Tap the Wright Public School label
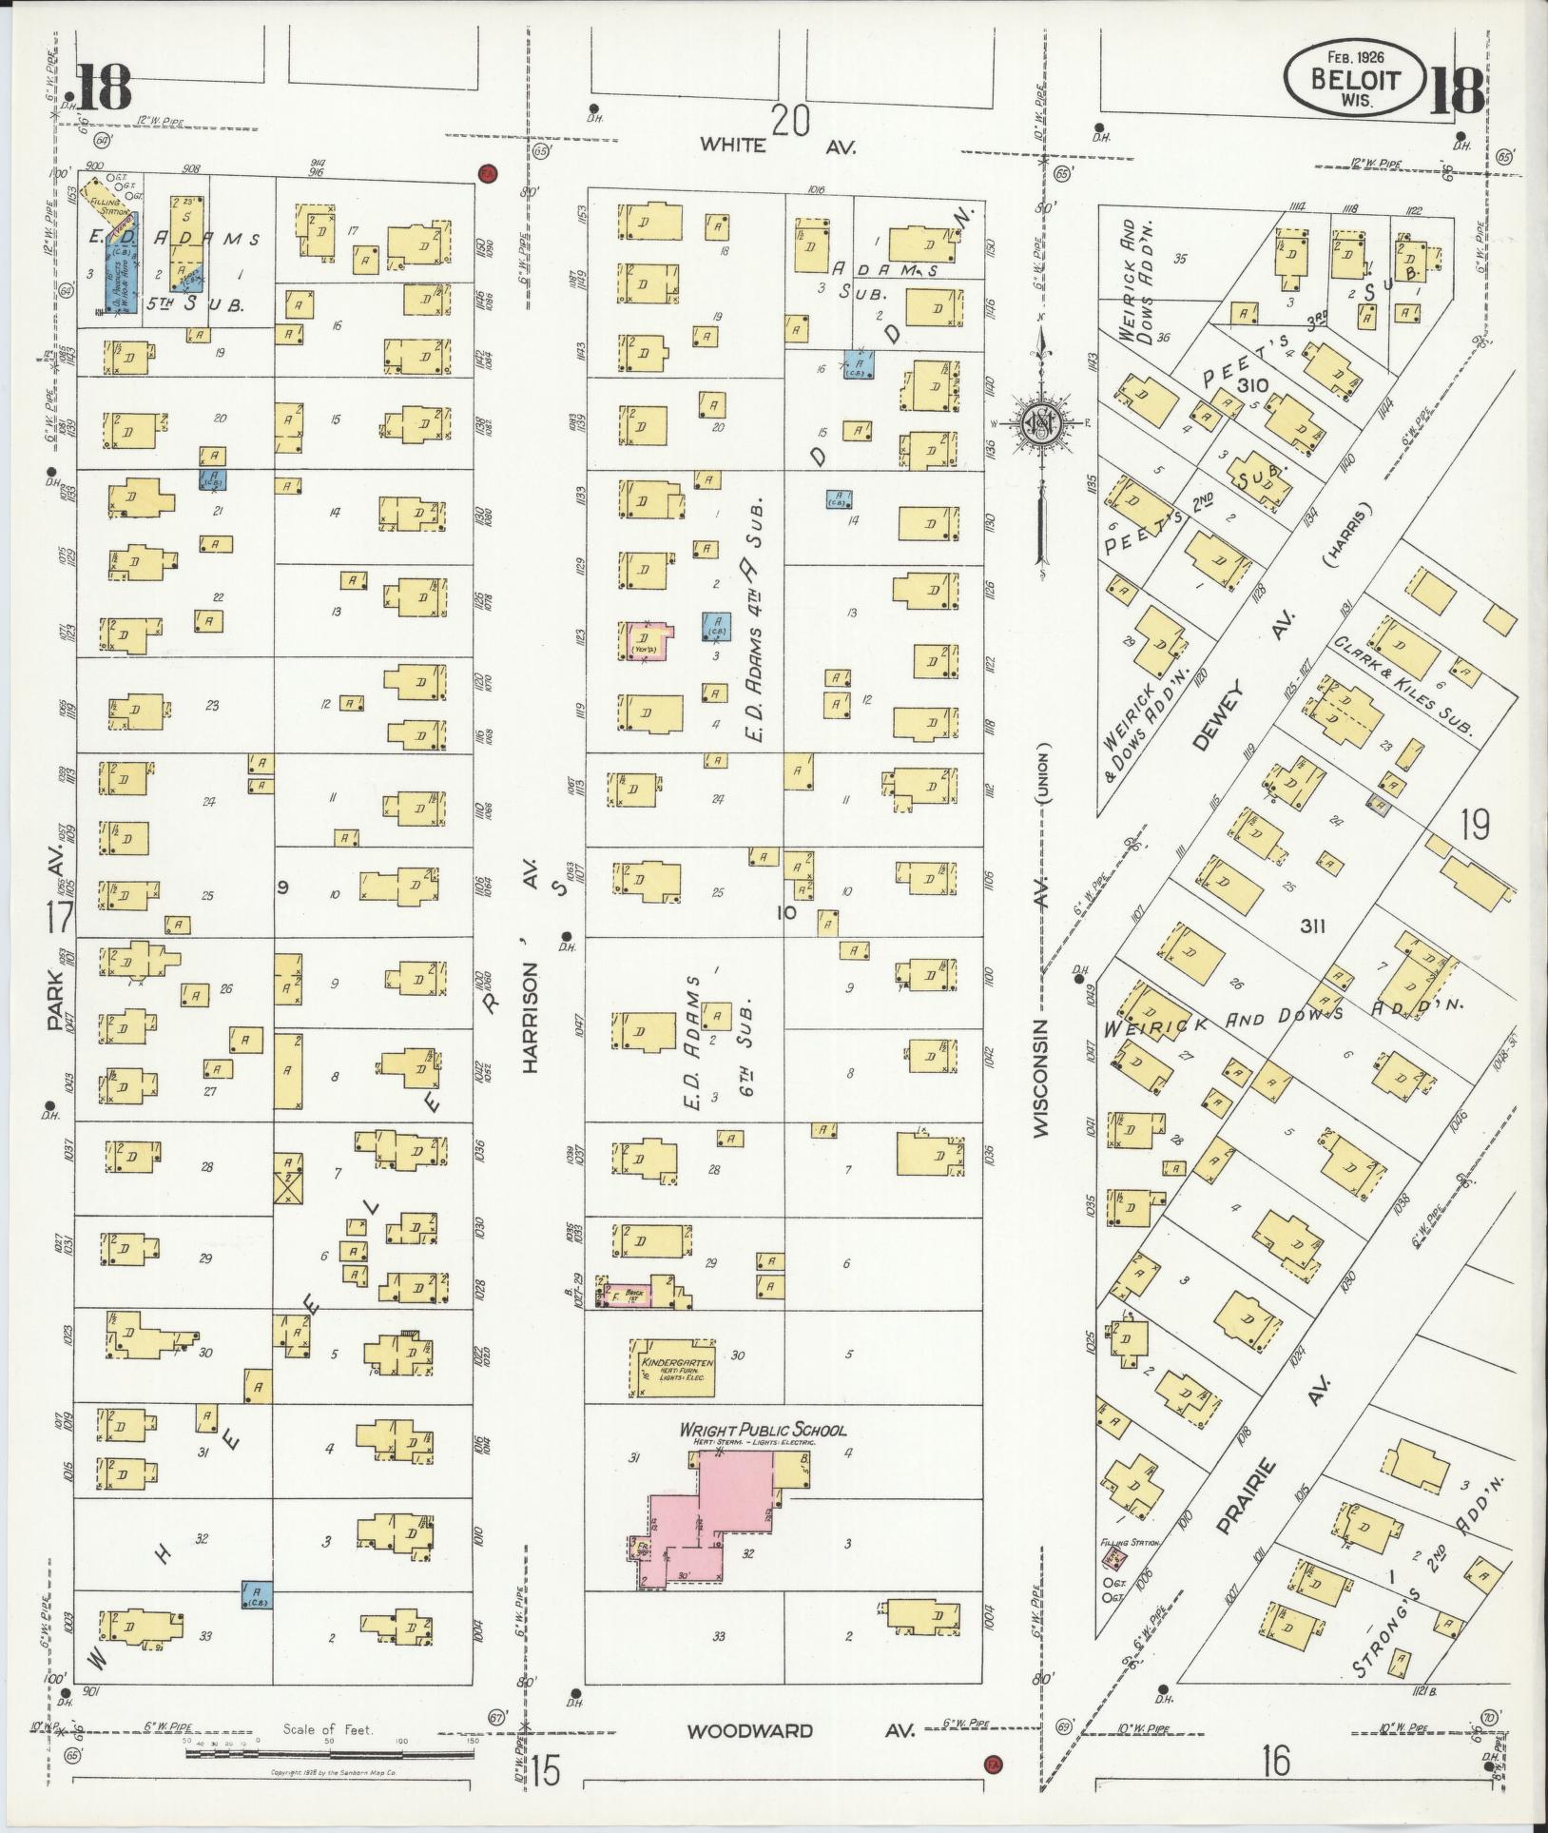(762, 1430)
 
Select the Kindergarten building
(674, 1369)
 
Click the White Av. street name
(778, 146)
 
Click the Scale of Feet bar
(327, 1752)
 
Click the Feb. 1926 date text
(1357, 59)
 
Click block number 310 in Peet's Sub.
(1253, 385)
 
